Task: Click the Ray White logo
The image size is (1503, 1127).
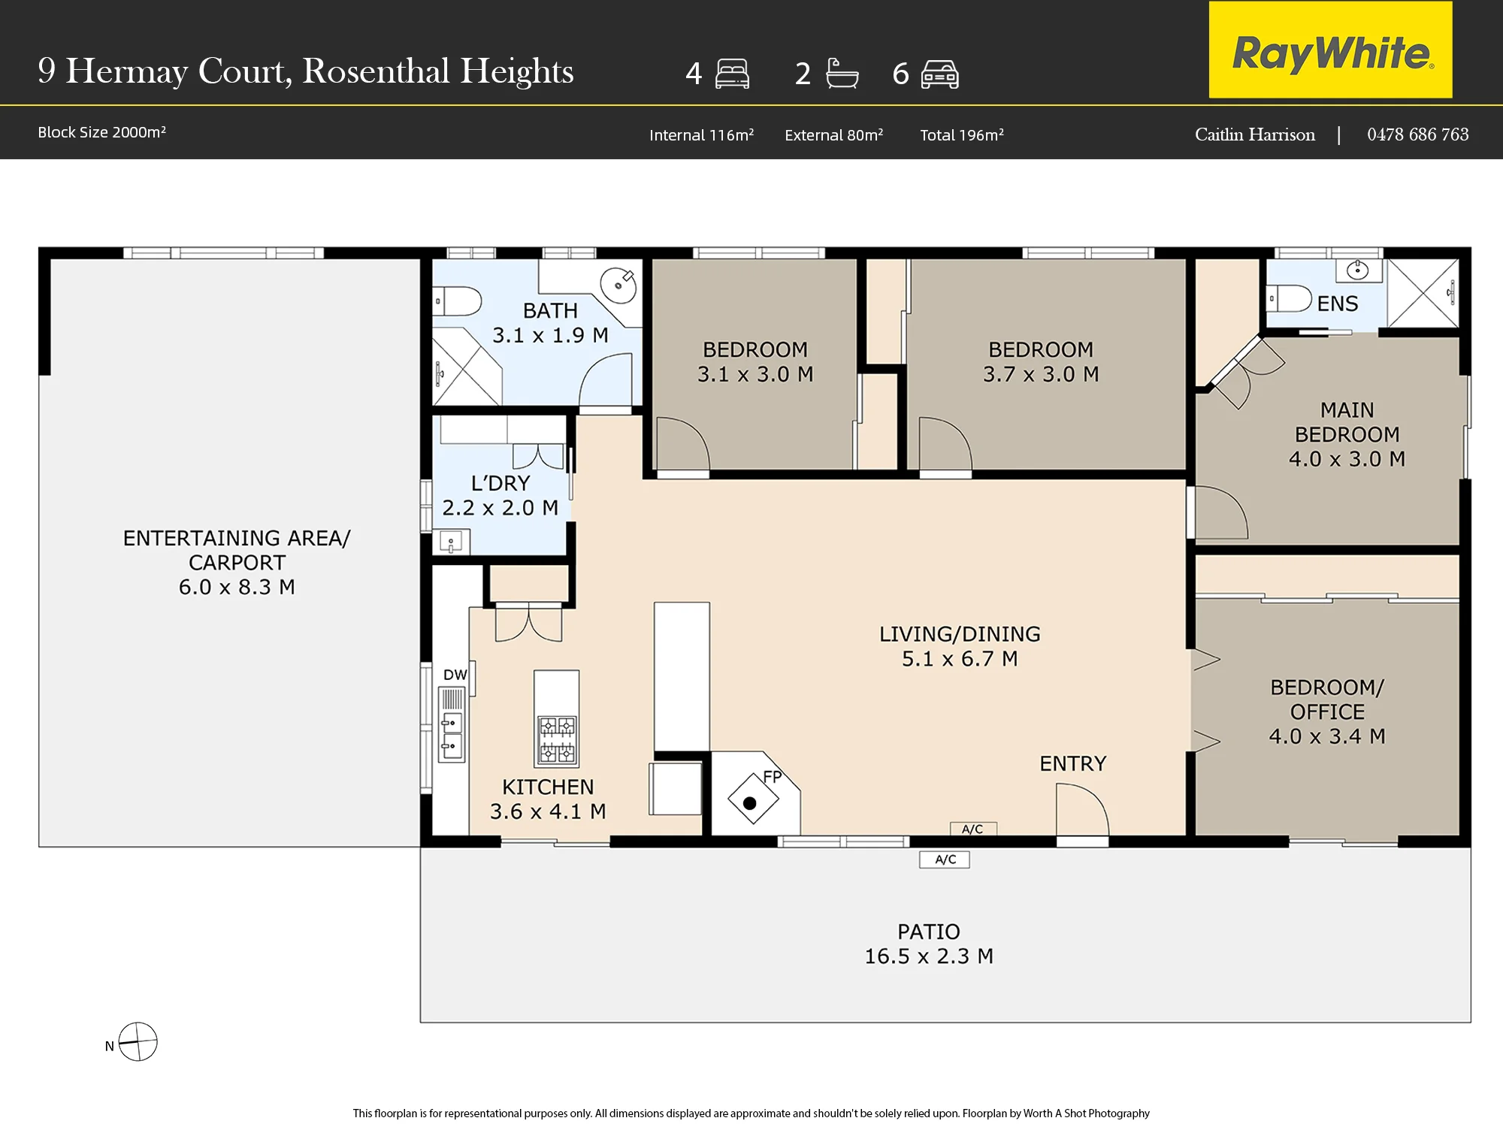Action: click(1330, 50)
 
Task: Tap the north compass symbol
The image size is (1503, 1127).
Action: click(138, 1041)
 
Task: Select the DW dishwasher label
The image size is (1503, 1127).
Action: click(455, 675)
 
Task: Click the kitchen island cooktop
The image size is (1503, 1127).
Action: click(557, 740)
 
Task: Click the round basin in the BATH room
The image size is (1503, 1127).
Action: click(618, 286)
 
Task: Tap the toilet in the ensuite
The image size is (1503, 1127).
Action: click(1289, 298)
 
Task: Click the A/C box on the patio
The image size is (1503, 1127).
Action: click(945, 860)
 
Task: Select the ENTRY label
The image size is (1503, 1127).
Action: click(1072, 763)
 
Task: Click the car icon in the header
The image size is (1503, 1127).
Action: click(940, 74)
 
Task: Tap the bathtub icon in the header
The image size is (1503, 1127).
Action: click(842, 74)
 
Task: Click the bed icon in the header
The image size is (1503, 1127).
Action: click(732, 74)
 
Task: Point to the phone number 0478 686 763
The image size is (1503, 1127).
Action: click(1417, 134)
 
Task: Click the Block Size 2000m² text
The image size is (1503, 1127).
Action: click(101, 132)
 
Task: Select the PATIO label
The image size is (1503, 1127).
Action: click(929, 932)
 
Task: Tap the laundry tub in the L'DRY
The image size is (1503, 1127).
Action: click(451, 541)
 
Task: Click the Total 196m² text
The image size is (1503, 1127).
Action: click(962, 135)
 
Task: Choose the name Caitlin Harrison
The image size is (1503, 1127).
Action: click(1255, 134)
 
